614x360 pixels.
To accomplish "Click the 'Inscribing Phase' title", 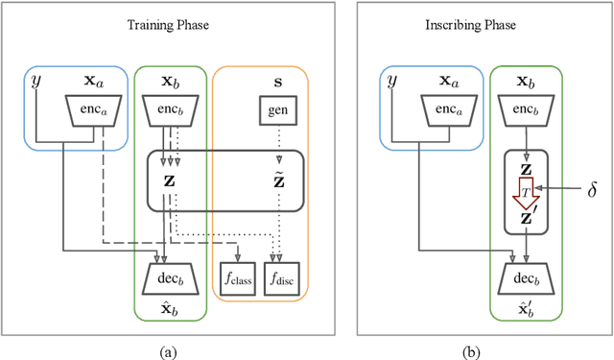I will [482, 24].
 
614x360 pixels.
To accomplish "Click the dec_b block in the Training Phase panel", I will [169, 278].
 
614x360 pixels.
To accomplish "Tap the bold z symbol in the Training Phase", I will [169, 180].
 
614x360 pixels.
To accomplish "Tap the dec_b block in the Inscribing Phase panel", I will [526, 278].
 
